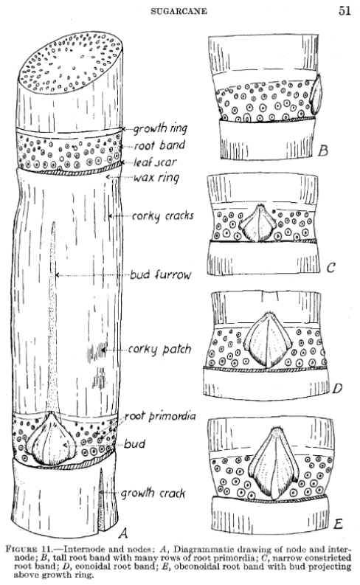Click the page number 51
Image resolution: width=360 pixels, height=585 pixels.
pyautogui.click(x=345, y=10)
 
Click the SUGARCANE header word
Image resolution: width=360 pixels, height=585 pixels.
pyautogui.click(x=179, y=11)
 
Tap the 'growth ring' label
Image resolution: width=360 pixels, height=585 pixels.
pyautogui.click(x=160, y=128)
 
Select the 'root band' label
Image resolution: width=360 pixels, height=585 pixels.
pyautogui.click(x=159, y=145)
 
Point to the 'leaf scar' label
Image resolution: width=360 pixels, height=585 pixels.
pyautogui.click(x=155, y=162)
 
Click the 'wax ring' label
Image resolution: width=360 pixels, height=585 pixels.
pyautogui.click(x=156, y=178)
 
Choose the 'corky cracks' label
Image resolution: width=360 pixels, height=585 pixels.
pyautogui.click(x=162, y=216)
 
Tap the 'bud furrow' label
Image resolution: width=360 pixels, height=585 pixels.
pyautogui.click(x=160, y=275)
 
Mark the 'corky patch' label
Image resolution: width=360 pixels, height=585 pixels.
pyautogui.click(x=159, y=349)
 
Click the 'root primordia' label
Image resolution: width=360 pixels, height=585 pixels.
pyautogui.click(x=160, y=416)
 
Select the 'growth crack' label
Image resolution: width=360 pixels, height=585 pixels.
pyautogui.click(x=153, y=494)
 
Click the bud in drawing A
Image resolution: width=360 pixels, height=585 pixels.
pyautogui.click(x=52, y=440)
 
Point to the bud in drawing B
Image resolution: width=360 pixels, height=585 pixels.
pyautogui.click(x=316, y=94)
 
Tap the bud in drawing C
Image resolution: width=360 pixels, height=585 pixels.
pyautogui.click(x=257, y=223)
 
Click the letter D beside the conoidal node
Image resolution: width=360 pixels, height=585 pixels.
pyautogui.click(x=337, y=388)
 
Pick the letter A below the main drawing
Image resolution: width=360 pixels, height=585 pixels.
pyautogui.click(x=123, y=533)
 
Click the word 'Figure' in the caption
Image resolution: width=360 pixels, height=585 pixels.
pyautogui.click(x=21, y=549)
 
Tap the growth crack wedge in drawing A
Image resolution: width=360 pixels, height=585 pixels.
pyautogui.click(x=101, y=500)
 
